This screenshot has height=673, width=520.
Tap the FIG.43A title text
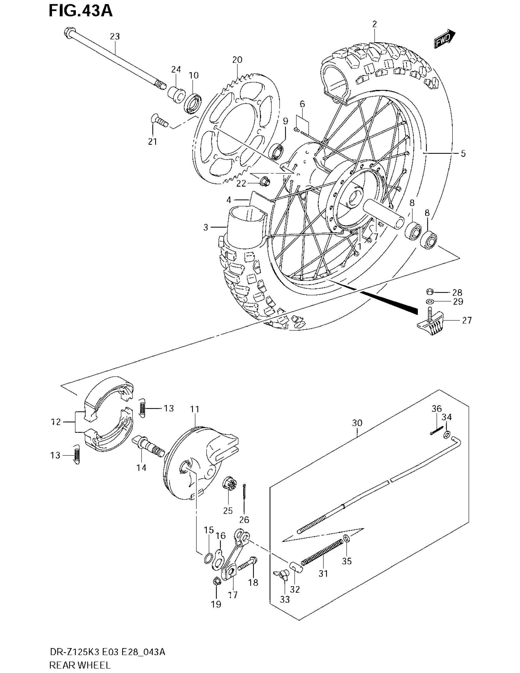[81, 11]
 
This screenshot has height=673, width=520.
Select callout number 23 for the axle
[115, 36]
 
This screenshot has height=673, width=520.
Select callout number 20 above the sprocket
[237, 60]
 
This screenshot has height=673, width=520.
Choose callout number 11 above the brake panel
[195, 409]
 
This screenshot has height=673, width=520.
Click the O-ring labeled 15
[209, 558]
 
